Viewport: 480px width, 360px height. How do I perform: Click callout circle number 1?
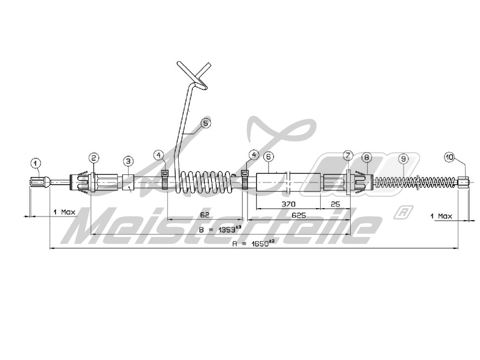[36, 163]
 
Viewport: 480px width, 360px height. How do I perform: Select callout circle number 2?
[94, 157]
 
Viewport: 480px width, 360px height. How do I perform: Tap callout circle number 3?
[128, 161]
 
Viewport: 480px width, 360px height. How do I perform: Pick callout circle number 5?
[205, 123]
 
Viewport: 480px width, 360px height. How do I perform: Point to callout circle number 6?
[268, 156]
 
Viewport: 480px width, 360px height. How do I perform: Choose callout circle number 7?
[348, 155]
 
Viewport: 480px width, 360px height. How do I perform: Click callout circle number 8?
[367, 157]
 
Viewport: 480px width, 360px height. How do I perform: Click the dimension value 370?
[288, 204]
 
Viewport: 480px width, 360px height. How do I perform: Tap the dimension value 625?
[298, 215]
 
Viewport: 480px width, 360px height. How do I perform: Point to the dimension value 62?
[204, 215]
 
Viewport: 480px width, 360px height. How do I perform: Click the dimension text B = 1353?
[221, 229]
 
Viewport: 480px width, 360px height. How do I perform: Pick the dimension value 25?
[335, 204]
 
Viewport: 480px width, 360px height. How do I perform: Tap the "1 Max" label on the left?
[64, 212]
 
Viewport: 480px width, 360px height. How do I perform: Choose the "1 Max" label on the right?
[441, 216]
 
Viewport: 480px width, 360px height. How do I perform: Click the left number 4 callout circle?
[159, 155]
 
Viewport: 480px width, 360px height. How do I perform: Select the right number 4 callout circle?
[254, 155]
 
